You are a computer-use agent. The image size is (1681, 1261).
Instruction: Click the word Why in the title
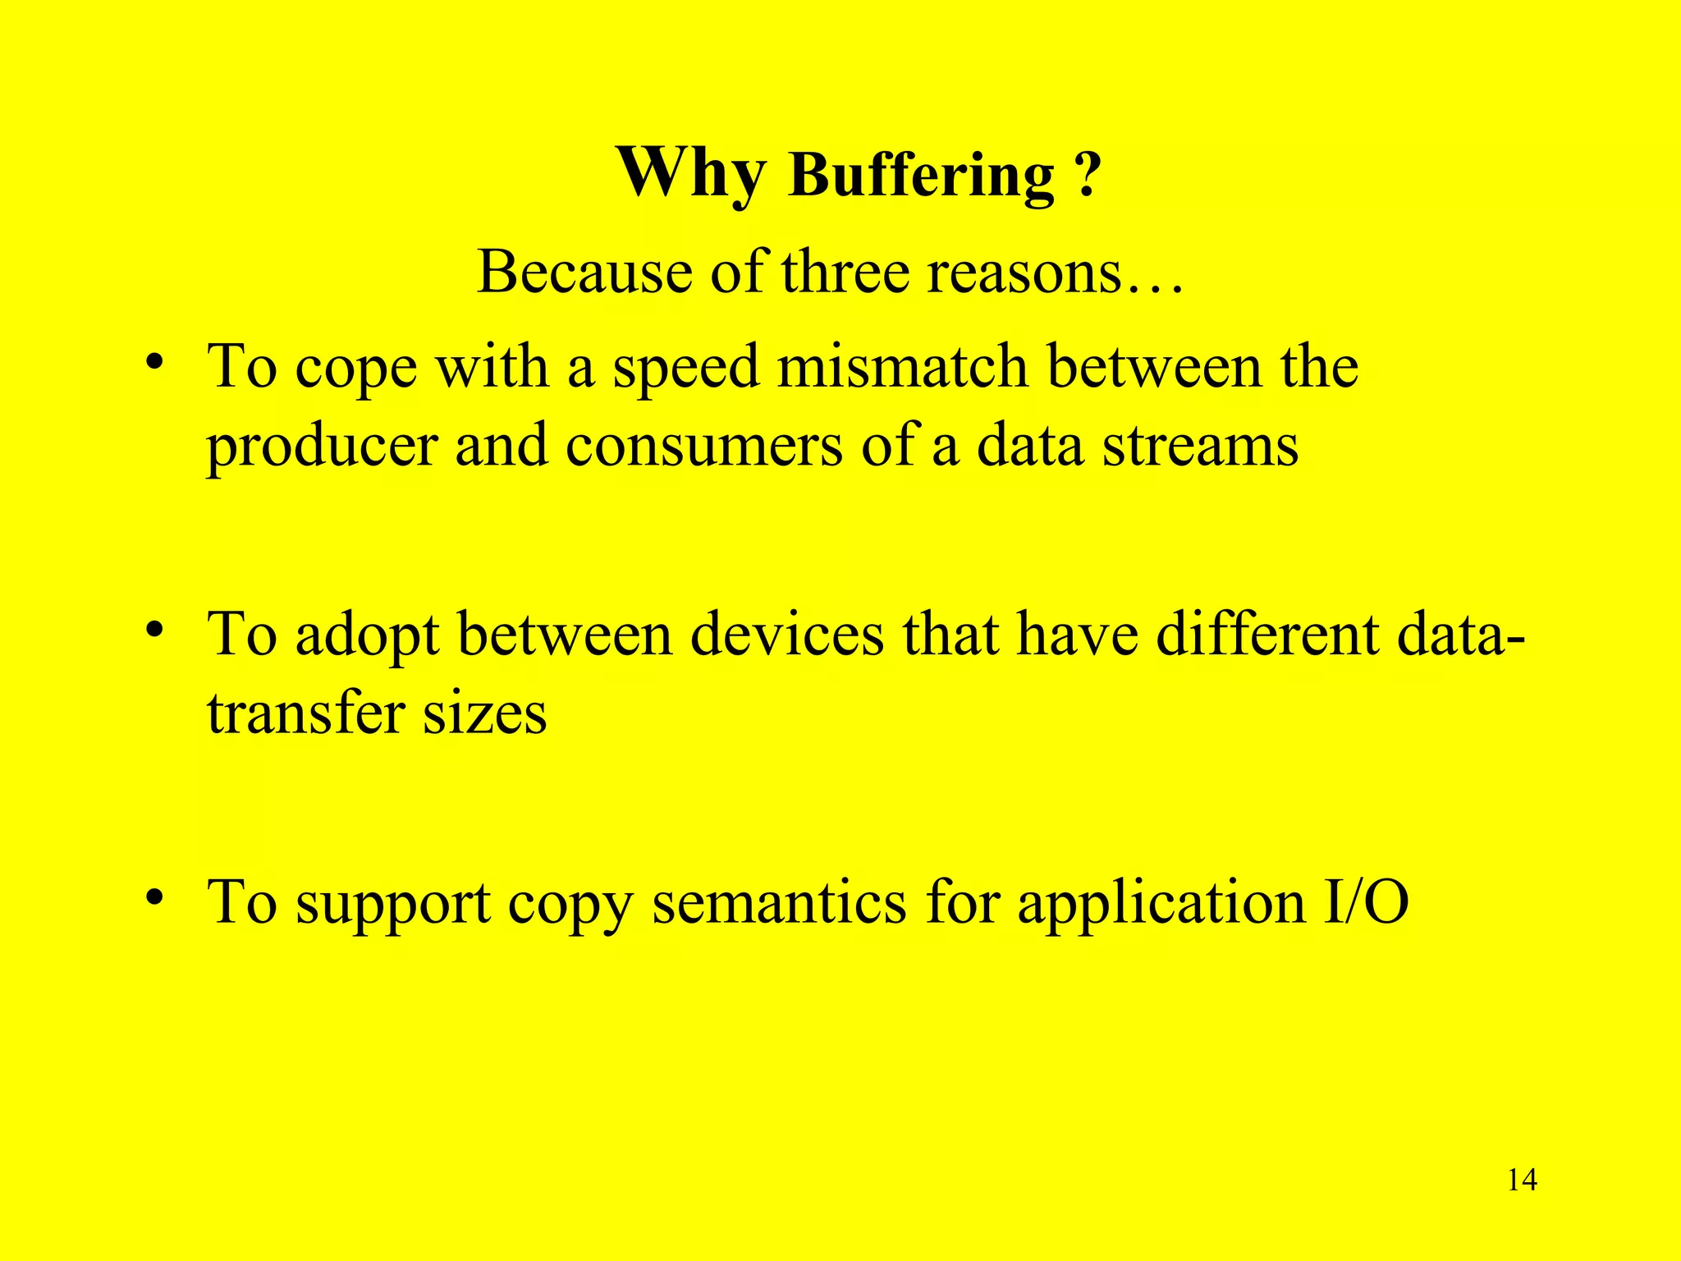click(691, 173)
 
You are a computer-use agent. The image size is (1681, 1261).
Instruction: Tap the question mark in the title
click(1086, 176)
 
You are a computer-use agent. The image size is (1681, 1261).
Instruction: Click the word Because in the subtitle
click(584, 272)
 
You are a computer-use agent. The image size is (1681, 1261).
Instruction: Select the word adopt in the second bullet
click(367, 636)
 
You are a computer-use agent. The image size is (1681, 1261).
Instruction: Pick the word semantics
click(779, 902)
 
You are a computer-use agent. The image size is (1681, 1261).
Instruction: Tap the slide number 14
click(1523, 1181)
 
